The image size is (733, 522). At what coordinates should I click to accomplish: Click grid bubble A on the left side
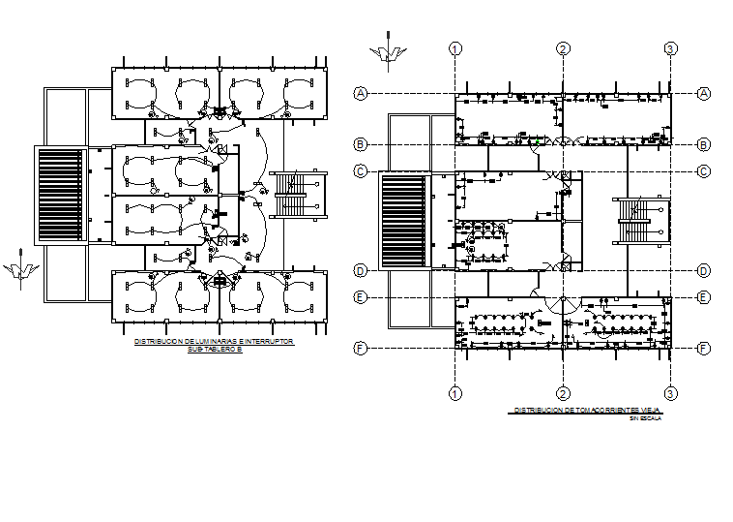tap(360, 93)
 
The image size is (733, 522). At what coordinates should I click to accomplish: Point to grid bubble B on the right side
tap(704, 144)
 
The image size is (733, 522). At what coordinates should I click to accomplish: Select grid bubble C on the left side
tap(360, 171)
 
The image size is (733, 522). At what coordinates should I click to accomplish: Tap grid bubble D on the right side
tap(704, 270)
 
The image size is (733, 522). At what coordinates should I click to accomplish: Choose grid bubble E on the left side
tap(360, 297)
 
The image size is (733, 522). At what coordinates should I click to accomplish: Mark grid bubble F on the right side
tap(704, 348)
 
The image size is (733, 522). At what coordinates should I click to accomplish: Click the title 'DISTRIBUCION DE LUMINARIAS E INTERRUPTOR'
tap(214, 342)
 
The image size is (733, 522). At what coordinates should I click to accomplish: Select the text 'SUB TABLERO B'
tap(214, 350)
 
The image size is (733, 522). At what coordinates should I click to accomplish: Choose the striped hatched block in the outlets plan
tap(404, 221)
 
